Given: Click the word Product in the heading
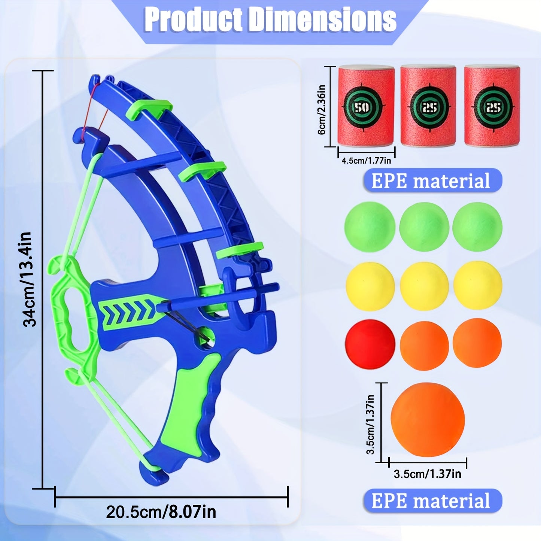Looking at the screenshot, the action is pyautogui.click(x=194, y=21).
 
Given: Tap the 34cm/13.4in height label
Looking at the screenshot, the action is pyautogui.click(x=30, y=279).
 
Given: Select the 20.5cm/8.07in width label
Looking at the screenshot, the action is pyautogui.click(x=161, y=512).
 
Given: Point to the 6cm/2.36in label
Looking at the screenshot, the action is pyautogui.click(x=322, y=109).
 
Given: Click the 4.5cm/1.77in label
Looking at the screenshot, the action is pyautogui.click(x=366, y=161).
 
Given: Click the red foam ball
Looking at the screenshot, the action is pyautogui.click(x=370, y=343).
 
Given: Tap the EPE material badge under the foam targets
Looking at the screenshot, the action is pyautogui.click(x=433, y=180).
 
